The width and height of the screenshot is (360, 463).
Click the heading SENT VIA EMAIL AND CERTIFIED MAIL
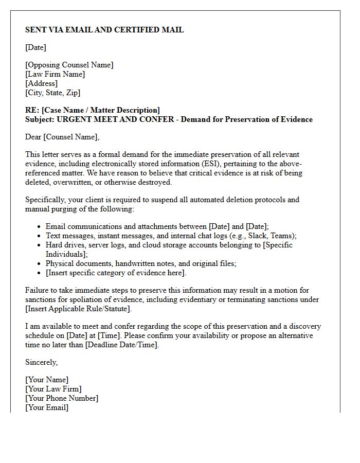click(104, 30)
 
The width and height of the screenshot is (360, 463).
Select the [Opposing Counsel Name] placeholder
click(69, 65)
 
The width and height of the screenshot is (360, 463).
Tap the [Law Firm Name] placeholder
click(55, 74)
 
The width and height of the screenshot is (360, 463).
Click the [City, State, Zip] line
click(52, 93)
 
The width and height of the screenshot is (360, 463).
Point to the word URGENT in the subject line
click(78, 119)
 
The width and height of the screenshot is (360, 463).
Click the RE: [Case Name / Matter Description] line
click(93, 110)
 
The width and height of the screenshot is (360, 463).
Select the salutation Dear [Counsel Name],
click(62, 137)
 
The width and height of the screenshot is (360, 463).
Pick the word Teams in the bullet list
click(283, 236)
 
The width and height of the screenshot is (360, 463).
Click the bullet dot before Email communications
click(40, 227)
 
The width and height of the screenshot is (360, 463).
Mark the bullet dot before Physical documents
click(40, 264)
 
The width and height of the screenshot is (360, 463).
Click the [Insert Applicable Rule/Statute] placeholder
click(78, 309)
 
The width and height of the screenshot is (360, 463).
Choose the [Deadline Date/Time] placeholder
click(121, 345)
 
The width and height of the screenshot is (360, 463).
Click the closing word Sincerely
click(41, 362)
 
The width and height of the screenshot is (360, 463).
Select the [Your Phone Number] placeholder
click(62, 398)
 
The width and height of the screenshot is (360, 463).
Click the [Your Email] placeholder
click(47, 407)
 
